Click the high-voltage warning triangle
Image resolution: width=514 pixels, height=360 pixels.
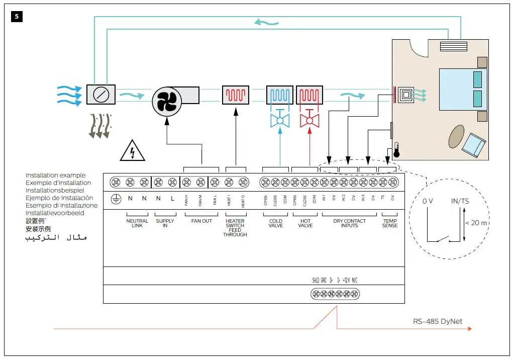pyautogui.click(x=132, y=151)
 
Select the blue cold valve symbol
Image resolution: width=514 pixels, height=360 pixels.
pyautogui.click(x=280, y=121)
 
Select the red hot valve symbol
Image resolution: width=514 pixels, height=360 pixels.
pyautogui.click(x=310, y=121)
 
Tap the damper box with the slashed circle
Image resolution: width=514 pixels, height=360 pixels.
pyautogui.click(x=100, y=95)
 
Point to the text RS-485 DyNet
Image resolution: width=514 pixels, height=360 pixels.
pyautogui.click(x=437, y=321)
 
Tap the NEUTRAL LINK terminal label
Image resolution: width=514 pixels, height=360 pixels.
pyautogui.click(x=137, y=223)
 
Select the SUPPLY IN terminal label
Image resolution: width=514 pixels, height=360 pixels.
pyautogui.click(x=165, y=223)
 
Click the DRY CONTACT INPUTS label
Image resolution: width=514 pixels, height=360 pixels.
pyautogui.click(x=350, y=223)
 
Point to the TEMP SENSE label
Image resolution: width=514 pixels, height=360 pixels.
pyautogui.click(x=390, y=223)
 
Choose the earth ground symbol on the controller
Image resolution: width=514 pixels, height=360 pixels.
pyautogui.click(x=116, y=199)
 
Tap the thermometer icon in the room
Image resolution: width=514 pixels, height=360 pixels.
pyautogui.click(x=397, y=149)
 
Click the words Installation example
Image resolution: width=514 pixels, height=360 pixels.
pyautogui.click(x=55, y=175)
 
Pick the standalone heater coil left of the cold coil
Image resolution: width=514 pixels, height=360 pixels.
pyautogui.click(x=235, y=95)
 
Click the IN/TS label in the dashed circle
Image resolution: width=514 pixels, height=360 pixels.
pyautogui.click(x=459, y=201)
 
